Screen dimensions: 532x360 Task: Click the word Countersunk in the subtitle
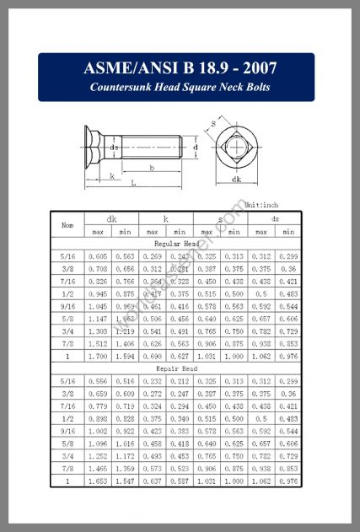coord(121,88)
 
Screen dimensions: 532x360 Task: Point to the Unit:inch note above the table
coord(261,205)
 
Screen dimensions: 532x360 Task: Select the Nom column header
coord(67,224)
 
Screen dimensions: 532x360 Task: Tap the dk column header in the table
coord(112,219)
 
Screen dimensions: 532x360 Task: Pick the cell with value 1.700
coord(98,357)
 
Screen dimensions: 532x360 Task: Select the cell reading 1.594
coord(125,357)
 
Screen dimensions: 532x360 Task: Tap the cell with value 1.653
coord(98,481)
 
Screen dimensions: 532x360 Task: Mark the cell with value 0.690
coord(152,357)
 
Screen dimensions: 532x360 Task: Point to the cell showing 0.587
coord(179,481)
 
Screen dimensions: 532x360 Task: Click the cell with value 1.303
coord(98,331)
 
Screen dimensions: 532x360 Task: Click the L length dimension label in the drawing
coord(133,182)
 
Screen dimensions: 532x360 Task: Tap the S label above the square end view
coord(213,123)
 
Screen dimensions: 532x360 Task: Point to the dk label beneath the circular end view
coord(237,179)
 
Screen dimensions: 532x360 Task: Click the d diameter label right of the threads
coord(196,147)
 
